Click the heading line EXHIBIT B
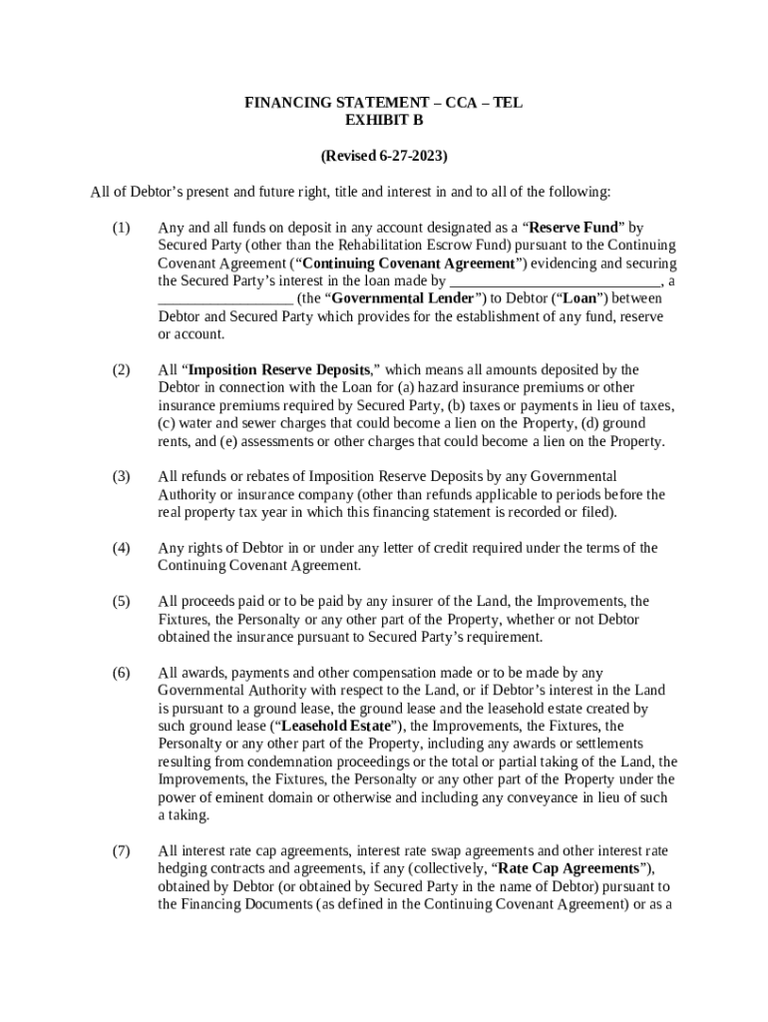tap(384, 121)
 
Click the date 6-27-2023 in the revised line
tap(411, 157)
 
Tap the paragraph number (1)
tap(120, 228)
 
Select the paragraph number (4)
tap(120, 548)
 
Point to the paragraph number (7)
tap(120, 851)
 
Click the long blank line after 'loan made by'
tap(554, 281)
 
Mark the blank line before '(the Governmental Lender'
tap(225, 298)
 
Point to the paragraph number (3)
tap(120, 477)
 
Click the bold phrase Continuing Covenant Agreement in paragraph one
tap(408, 263)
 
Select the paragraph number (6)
tap(120, 673)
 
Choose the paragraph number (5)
tap(120, 602)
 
